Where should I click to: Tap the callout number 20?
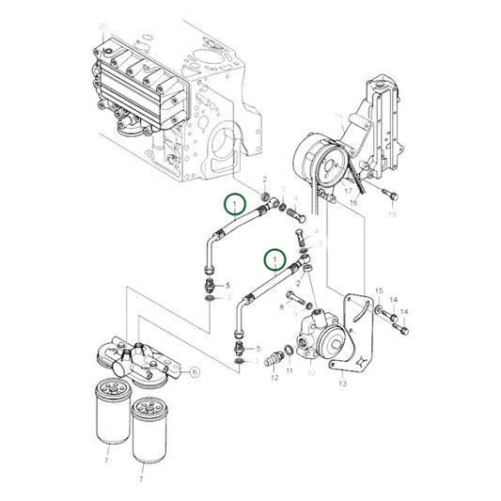click(x=103, y=26)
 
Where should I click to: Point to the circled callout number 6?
click(x=195, y=371)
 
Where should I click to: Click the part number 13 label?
click(x=341, y=384)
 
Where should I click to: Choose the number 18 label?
click(x=393, y=214)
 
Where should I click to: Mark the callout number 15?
click(x=379, y=291)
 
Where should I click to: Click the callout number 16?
click(x=354, y=201)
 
